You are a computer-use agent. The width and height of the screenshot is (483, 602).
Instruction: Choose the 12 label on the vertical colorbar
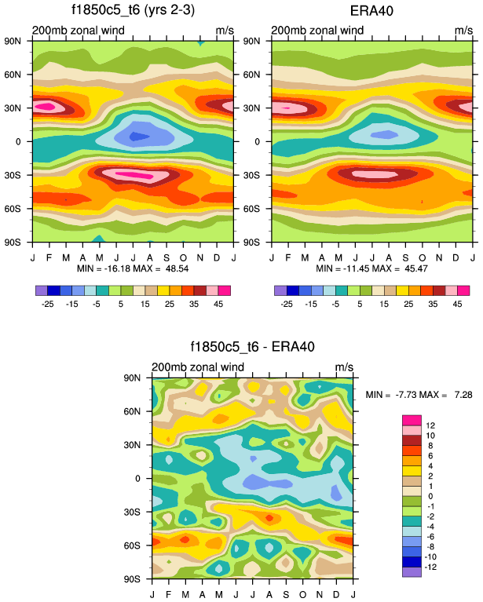430,425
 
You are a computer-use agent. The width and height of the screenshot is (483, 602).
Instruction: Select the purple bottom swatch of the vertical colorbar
412,572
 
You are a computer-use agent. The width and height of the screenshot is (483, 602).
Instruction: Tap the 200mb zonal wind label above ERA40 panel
318,31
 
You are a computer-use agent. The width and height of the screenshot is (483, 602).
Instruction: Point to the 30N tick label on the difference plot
141,445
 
